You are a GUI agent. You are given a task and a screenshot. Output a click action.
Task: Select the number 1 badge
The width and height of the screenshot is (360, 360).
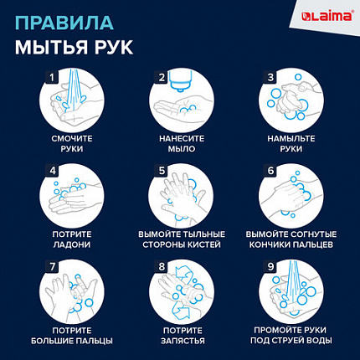click(51, 79)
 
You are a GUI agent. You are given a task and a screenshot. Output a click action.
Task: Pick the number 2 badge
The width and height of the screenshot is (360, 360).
click(161, 79)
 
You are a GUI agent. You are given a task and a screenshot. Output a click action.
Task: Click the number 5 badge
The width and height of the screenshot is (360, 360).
click(161, 171)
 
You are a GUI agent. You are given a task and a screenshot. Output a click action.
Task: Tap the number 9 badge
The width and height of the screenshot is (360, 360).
click(270, 267)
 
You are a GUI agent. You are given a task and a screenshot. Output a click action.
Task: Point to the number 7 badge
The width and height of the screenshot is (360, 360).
click(51, 267)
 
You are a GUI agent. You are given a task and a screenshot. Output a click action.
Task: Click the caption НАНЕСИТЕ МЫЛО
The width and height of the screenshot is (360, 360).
click(180, 142)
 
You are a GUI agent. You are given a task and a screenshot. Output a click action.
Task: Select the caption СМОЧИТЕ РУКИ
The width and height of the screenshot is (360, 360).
click(71, 142)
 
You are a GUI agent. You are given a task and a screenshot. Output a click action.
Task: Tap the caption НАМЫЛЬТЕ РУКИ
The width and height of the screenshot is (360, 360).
click(289, 142)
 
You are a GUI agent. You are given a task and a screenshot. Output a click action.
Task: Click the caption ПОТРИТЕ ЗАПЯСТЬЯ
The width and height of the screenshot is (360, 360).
click(180, 336)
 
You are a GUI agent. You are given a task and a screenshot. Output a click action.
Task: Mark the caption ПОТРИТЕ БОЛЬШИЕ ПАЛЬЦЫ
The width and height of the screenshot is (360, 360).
click(71, 336)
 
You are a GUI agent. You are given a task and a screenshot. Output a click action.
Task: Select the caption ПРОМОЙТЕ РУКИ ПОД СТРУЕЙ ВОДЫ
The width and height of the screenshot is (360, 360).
click(289, 336)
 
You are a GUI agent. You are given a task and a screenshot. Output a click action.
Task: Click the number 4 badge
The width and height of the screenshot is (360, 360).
click(51, 171)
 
